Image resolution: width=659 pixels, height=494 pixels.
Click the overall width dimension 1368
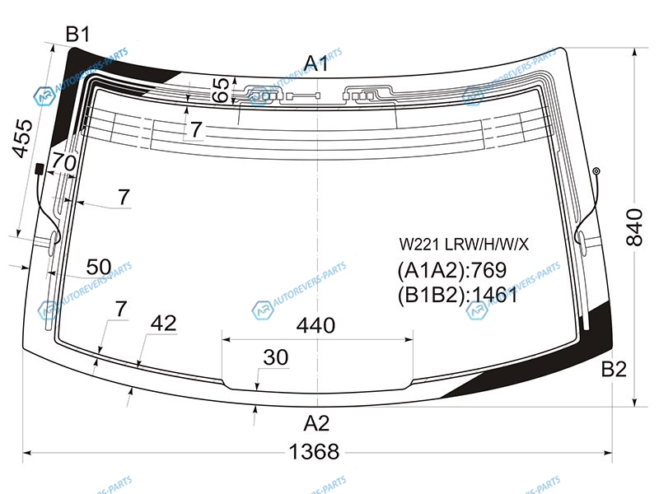315,452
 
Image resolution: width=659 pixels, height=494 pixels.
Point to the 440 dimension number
316,325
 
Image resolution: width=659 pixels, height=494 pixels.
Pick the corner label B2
614,370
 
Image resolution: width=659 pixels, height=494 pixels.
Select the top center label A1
316,63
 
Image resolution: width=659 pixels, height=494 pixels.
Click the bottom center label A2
316,423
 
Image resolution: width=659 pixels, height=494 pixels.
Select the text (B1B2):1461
457,295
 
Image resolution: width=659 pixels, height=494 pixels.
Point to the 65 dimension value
221,91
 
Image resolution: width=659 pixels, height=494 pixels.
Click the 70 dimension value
63,163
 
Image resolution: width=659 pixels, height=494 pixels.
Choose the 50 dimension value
98,267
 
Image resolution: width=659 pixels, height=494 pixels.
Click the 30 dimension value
275,358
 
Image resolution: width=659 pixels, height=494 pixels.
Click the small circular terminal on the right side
596,170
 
